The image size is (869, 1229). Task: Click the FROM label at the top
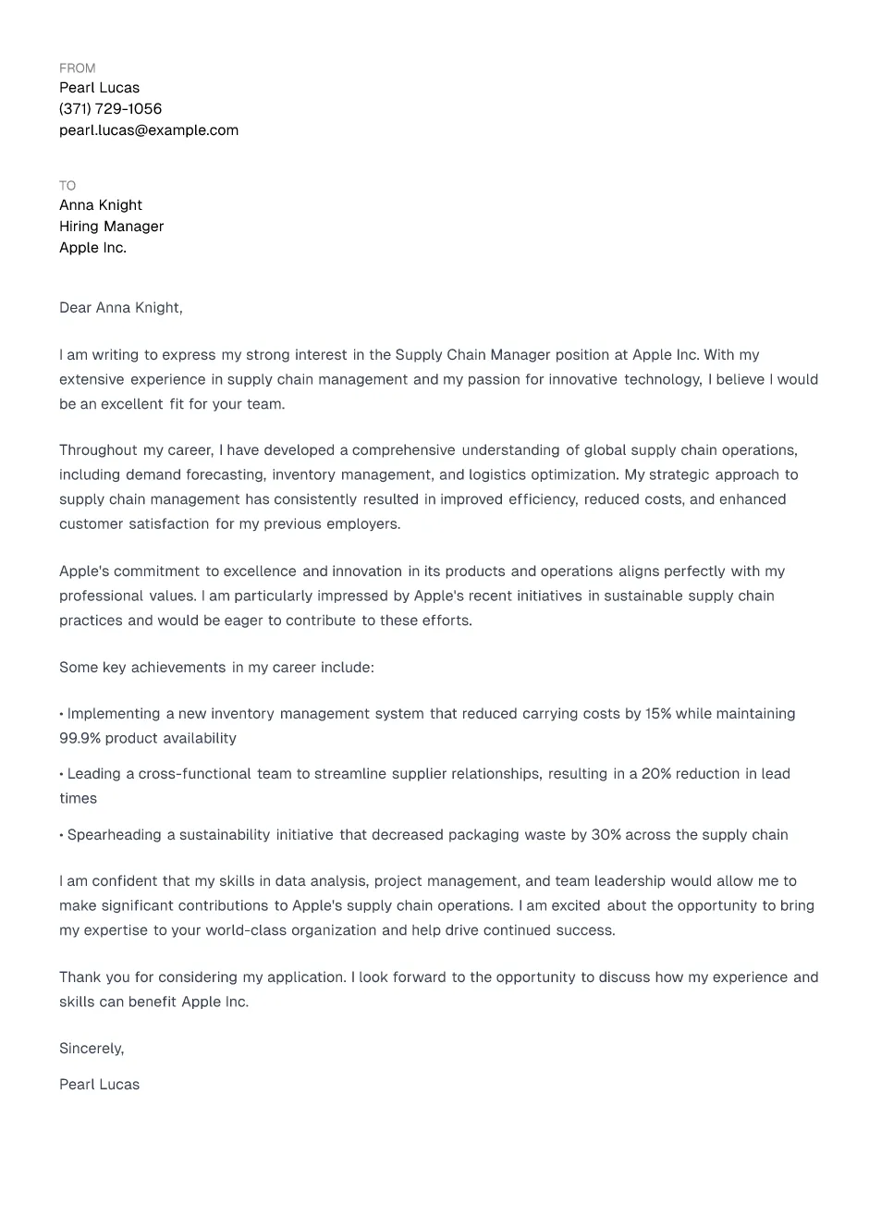coord(77,68)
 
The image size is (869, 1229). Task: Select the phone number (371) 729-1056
coord(110,109)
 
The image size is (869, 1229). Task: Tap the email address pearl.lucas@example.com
coord(149,130)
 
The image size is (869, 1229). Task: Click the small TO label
coord(67,186)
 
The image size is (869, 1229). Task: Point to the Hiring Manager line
coord(111,227)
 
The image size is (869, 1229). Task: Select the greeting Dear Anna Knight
coord(120,308)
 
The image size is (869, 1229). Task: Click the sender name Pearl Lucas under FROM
coord(99,88)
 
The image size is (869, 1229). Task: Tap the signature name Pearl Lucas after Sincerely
coord(99,1085)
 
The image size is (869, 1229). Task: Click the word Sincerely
coord(91,1049)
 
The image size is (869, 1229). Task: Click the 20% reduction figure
coord(656,774)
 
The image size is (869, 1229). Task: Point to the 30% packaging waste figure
coord(606,835)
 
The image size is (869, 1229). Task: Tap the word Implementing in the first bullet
coord(114,714)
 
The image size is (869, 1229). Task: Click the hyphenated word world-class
coord(240,930)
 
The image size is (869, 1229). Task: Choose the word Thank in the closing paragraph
coord(80,977)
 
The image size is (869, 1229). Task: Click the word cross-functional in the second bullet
coord(194,774)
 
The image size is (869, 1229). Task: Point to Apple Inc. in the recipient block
coord(92,248)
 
